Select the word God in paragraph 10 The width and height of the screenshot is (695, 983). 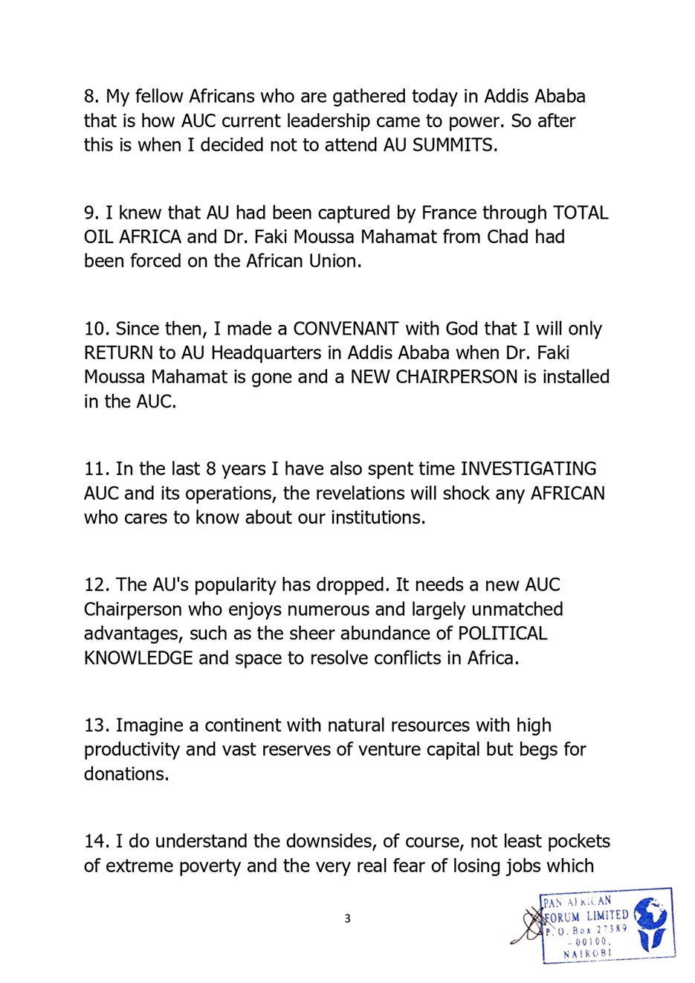click(462, 329)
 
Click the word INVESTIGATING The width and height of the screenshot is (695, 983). click(528, 469)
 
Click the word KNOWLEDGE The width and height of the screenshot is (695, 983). click(138, 658)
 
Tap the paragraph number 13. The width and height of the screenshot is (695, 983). click(97, 726)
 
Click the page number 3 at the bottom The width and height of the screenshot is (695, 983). click(347, 919)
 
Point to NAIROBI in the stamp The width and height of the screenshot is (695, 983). click(586, 953)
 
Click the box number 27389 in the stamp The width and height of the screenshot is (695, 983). click(610, 929)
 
